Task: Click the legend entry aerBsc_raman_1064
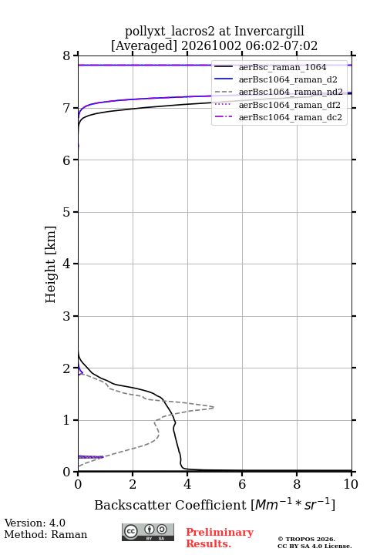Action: tap(283, 67)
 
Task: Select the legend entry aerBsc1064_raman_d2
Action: tap(288, 79)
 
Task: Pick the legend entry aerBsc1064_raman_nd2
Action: tap(291, 92)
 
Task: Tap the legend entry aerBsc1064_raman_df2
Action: tap(290, 105)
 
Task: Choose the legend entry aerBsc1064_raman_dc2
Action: tap(291, 117)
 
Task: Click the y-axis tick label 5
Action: tap(66, 212)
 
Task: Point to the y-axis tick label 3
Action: tap(66, 316)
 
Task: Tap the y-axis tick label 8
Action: tap(66, 56)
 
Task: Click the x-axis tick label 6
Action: tap(242, 484)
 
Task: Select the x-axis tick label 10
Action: tap(351, 484)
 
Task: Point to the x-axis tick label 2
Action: tap(133, 484)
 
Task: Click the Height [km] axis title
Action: tap(51, 264)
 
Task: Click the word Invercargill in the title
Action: tap(269, 32)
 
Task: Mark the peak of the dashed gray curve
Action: tap(214, 408)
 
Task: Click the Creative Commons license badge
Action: tap(148, 532)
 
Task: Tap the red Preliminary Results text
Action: tap(220, 538)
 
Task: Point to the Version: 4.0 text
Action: tap(35, 523)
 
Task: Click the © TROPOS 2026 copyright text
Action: tap(306, 539)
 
